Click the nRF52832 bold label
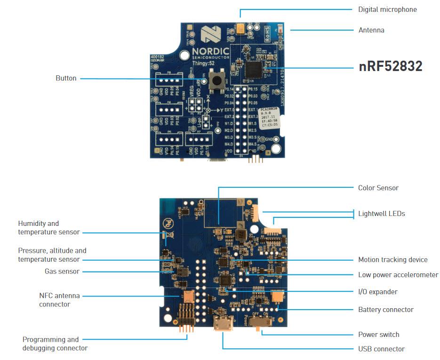coord(390,67)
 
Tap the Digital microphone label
coord(387,9)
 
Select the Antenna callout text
coord(371,30)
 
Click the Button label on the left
coord(66,78)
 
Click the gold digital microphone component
coord(240,29)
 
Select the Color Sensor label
coord(378,188)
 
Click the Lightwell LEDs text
coord(381,214)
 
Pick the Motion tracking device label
coord(392,260)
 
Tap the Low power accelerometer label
coord(398,275)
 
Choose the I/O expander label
coord(377,292)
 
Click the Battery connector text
coord(385,310)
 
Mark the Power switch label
coord(378,335)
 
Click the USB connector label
coord(381,349)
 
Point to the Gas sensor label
coord(62,272)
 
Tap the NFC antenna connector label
coord(59,300)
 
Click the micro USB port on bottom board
coord(222,325)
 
